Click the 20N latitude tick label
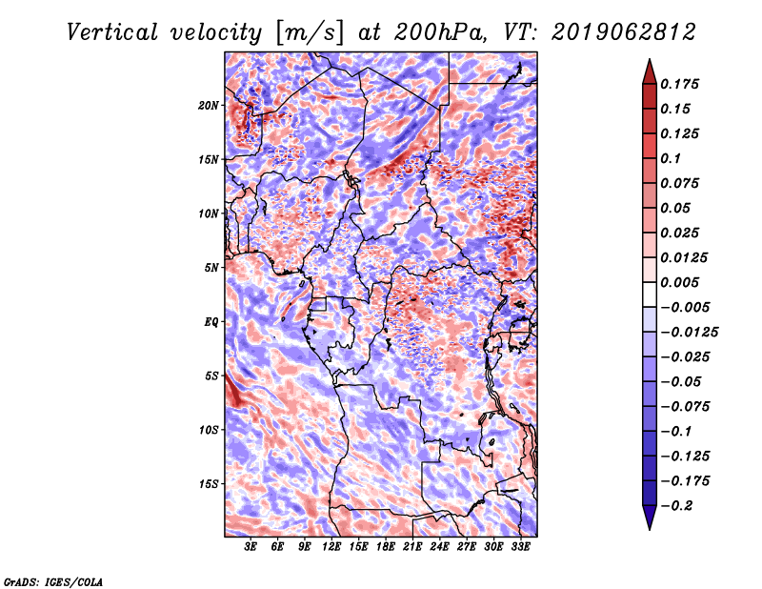tap(208, 106)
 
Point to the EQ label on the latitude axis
tap(211, 322)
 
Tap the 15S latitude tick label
tap(208, 484)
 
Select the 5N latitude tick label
tap(211, 268)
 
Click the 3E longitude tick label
tap(251, 547)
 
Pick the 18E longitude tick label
tap(386, 547)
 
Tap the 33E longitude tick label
tap(520, 547)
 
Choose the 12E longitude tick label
tap(331, 547)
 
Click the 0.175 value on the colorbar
tap(679, 84)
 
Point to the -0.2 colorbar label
tap(676, 506)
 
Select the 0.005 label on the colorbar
tap(679, 282)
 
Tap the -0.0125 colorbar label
tap(689, 333)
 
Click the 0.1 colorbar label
tap(671, 158)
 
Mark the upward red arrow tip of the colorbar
tap(650, 60)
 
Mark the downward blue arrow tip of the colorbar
tap(650, 529)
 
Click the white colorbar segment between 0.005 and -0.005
tap(650, 294)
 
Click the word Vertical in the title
tap(112, 32)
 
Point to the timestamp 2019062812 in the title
tap(624, 32)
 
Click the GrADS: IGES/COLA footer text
tap(53, 582)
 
